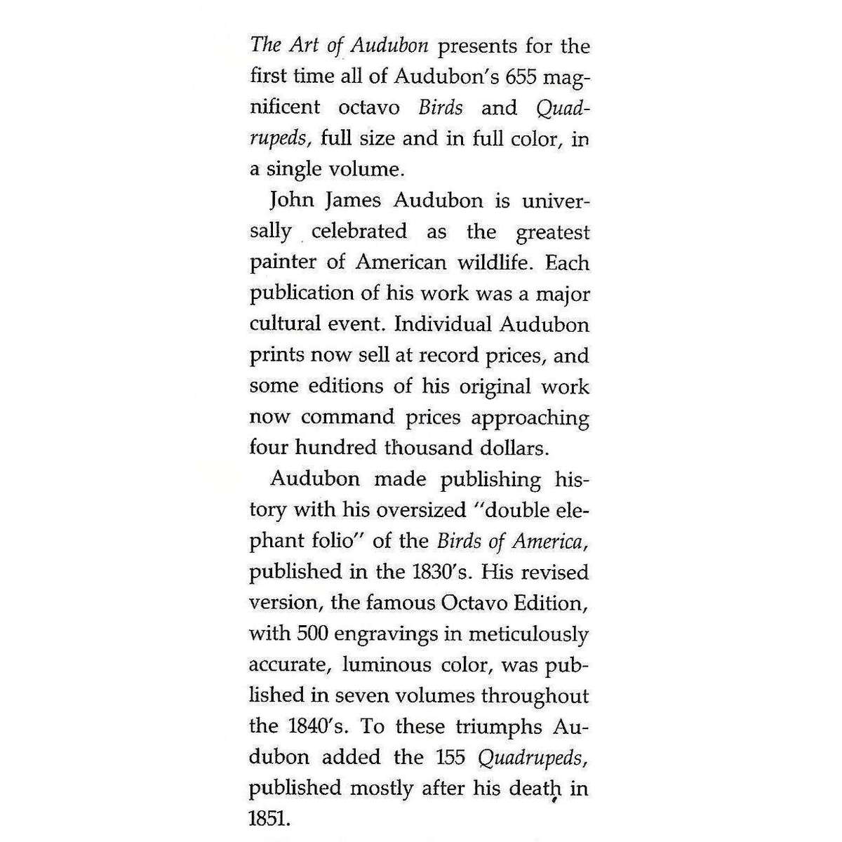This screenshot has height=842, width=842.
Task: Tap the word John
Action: pyautogui.click(x=291, y=201)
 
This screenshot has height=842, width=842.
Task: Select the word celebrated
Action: pyautogui.click(x=359, y=232)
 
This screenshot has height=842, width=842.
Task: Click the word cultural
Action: pyautogui.click(x=280, y=324)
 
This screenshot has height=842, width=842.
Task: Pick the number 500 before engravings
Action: pyautogui.click(x=313, y=634)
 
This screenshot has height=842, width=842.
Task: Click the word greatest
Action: pyautogui.click(x=552, y=232)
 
